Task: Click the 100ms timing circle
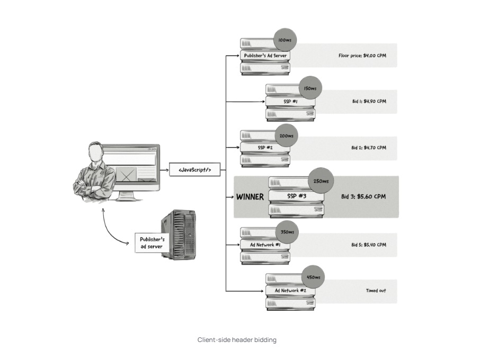tap(285, 40)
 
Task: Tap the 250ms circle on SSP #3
tap(321, 181)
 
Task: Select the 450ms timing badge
tap(313, 277)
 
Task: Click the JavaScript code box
tap(195, 170)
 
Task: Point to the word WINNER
tap(250, 197)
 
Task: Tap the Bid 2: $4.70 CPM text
tap(369, 147)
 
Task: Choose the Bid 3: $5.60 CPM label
tap(363, 196)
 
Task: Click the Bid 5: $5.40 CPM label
tap(369, 245)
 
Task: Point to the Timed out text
tap(376, 291)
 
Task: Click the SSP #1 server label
tap(290, 101)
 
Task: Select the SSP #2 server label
tap(265, 147)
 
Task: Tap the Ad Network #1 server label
tap(265, 245)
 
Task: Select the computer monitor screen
tap(130, 164)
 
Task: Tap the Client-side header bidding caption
tap(237, 340)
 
